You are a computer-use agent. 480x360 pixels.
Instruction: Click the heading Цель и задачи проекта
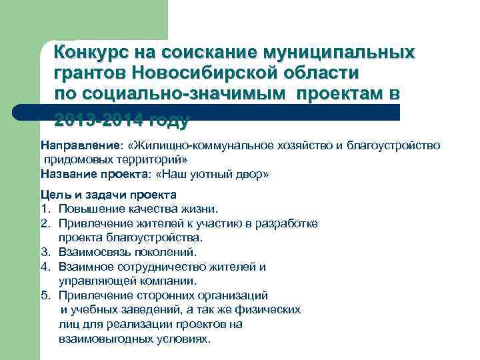[x=108, y=195]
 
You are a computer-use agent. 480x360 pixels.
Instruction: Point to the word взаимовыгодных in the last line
[x=109, y=339]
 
